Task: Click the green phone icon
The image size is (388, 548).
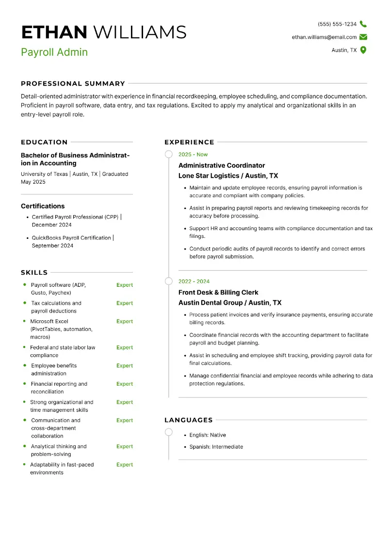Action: click(363, 24)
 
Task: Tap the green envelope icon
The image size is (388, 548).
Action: click(363, 37)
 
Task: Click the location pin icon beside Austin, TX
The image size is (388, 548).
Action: click(363, 50)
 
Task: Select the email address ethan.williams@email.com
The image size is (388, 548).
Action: click(324, 37)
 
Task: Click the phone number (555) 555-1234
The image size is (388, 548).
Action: click(337, 24)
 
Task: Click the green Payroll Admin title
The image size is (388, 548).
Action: click(54, 52)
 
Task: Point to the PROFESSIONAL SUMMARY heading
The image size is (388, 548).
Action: click(73, 83)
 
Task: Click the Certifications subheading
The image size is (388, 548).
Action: click(43, 206)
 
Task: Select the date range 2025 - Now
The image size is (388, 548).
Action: click(193, 155)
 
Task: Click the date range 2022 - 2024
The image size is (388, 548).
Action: click(194, 282)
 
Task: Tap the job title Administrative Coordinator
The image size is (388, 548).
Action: click(222, 166)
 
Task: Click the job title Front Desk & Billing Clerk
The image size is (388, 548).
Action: click(218, 293)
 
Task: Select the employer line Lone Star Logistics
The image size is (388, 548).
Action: click(228, 176)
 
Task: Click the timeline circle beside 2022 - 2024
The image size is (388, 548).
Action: click(169, 281)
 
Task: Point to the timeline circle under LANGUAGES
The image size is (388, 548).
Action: click(169, 432)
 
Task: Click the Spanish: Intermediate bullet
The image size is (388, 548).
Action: click(216, 447)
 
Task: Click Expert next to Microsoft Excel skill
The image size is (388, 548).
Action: click(125, 321)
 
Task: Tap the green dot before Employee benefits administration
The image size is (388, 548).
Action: click(24, 365)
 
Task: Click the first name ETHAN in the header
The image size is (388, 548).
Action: click(54, 32)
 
